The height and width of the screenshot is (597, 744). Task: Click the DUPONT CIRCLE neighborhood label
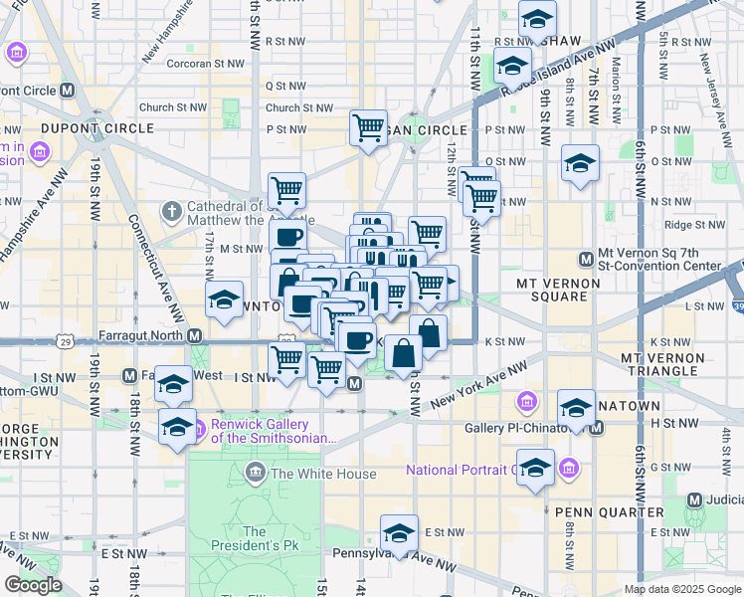click(x=97, y=128)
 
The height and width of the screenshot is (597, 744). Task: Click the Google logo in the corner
click(x=33, y=585)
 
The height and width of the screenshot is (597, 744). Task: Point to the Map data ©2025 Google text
click(x=681, y=589)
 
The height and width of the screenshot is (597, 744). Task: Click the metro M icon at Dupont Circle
click(x=68, y=90)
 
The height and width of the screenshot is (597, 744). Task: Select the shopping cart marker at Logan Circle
click(x=368, y=128)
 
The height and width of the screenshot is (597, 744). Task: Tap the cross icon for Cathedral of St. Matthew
click(x=172, y=211)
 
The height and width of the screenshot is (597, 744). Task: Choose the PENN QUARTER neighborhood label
click(x=610, y=511)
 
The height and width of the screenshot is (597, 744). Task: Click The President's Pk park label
click(x=254, y=538)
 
